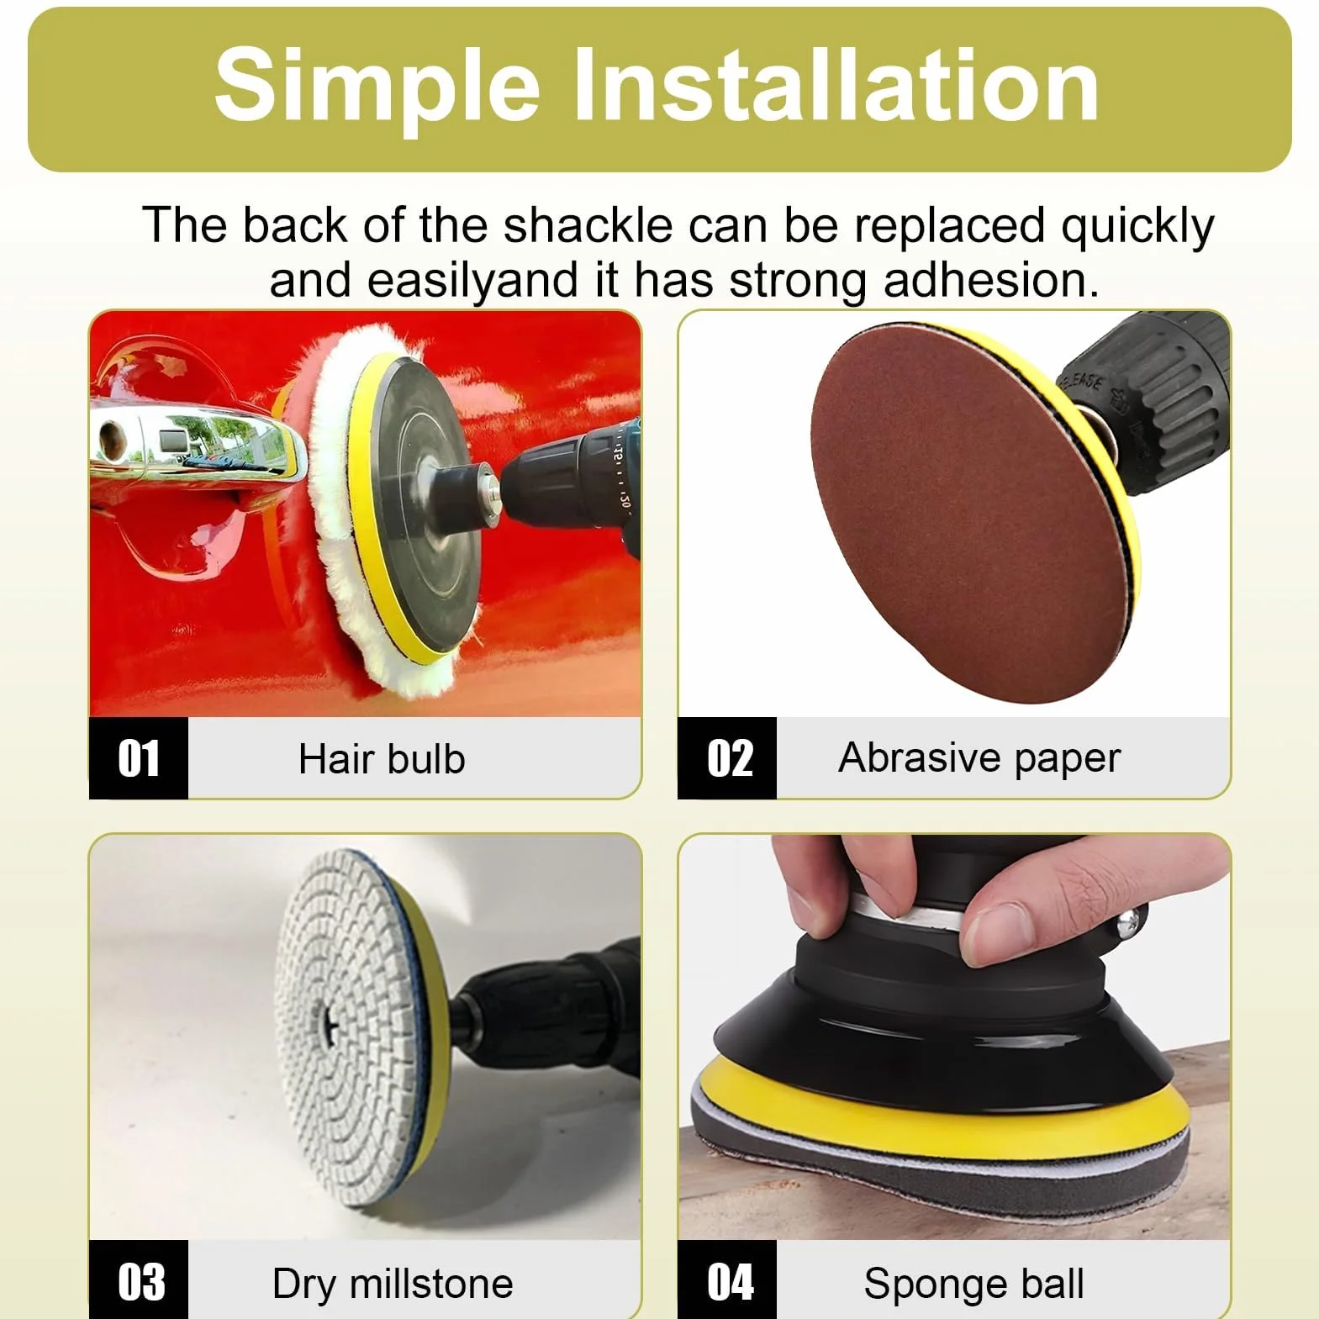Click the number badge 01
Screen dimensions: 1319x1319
139,758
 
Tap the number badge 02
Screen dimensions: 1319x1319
728,758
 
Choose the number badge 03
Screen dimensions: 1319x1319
139,1280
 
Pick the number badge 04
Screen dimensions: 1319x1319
728,1280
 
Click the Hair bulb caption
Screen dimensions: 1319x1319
382,758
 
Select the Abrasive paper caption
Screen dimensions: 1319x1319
979,758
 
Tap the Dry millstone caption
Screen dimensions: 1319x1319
393,1284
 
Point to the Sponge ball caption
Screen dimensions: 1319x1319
973,1284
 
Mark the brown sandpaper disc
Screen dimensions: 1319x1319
967,513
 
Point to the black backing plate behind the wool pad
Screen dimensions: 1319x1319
420,504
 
